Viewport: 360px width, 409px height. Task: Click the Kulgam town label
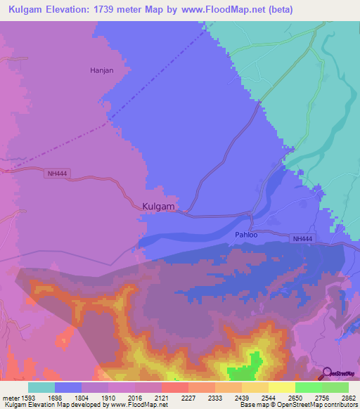[157, 207]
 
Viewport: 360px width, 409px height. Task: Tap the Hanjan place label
[101, 71]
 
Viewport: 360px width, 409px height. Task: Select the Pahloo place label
[246, 235]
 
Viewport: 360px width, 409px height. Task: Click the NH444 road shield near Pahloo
[302, 239]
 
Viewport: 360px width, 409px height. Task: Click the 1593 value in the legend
[29, 398]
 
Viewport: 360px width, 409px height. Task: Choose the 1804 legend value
[82, 398]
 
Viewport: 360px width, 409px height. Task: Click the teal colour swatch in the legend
[41, 387]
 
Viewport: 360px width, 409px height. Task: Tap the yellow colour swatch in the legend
[282, 387]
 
